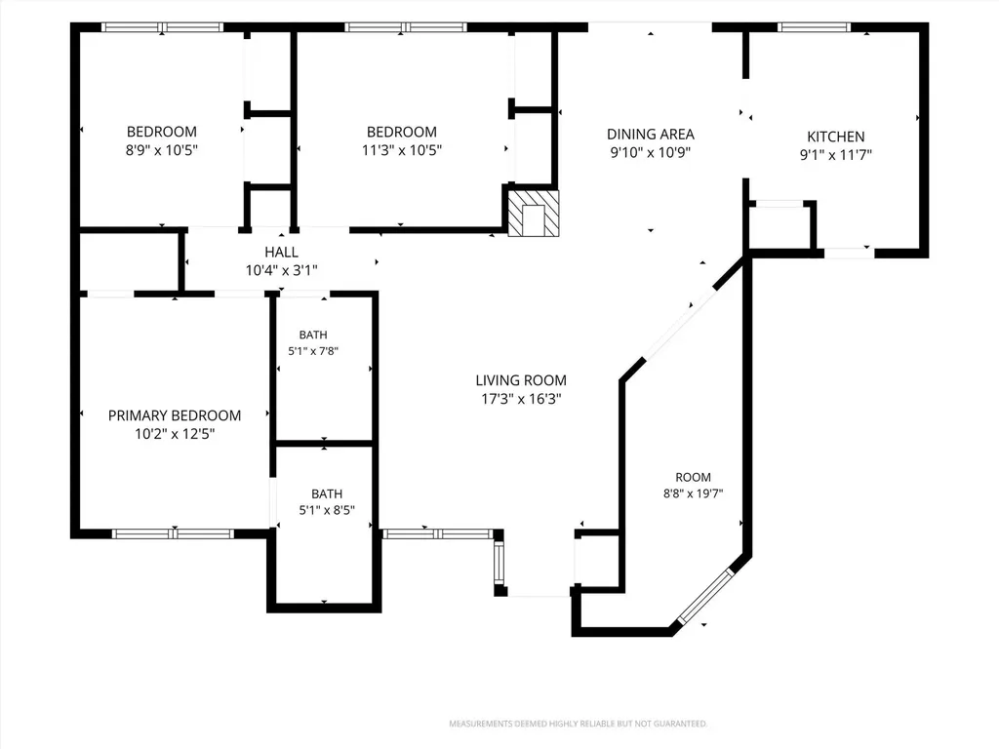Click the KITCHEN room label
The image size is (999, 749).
click(x=835, y=137)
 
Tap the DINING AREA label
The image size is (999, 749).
click(x=651, y=135)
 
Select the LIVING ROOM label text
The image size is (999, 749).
click(x=521, y=380)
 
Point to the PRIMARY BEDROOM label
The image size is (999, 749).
click(x=175, y=415)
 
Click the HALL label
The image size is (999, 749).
click(x=282, y=253)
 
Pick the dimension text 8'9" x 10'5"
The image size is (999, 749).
click(x=162, y=150)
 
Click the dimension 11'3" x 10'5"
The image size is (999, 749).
click(x=401, y=150)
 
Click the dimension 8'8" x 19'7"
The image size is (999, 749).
click(x=694, y=493)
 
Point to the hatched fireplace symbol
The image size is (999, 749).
click(x=534, y=214)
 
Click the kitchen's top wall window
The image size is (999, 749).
click(x=814, y=27)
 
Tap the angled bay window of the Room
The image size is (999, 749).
click(x=705, y=597)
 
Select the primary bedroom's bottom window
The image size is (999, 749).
click(x=174, y=533)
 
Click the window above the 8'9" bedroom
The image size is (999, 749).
click(x=163, y=27)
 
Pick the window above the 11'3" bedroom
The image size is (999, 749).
click(x=406, y=27)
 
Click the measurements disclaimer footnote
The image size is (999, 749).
click(x=578, y=724)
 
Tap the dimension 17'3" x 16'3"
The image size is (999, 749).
click(x=521, y=399)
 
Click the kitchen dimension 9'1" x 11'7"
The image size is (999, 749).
click(x=835, y=155)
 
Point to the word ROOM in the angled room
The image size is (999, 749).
click(x=694, y=477)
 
